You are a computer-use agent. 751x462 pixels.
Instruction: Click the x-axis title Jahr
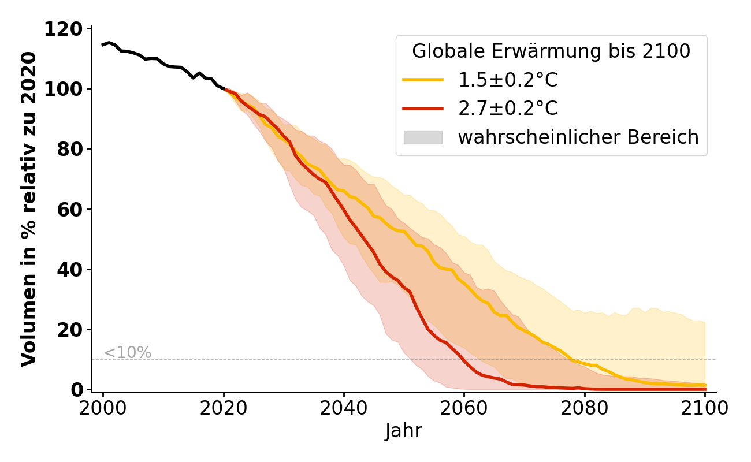(x=404, y=431)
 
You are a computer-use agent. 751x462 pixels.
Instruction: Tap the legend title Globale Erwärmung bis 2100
(x=551, y=51)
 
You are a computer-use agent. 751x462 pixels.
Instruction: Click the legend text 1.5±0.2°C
(x=508, y=80)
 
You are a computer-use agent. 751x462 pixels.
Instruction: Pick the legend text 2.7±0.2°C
(x=508, y=109)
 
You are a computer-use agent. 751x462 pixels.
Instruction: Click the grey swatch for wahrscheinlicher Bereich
(x=423, y=137)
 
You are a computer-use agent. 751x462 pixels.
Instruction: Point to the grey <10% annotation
(x=127, y=353)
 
